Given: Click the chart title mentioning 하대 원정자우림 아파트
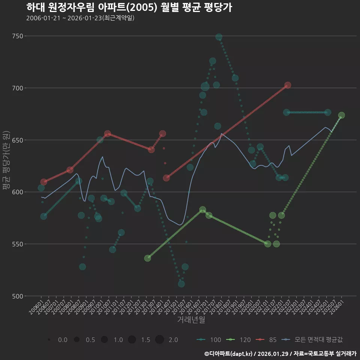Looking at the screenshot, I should point(129,7).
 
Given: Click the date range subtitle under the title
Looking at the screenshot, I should point(80,18).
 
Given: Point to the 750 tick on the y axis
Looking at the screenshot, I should point(17,36).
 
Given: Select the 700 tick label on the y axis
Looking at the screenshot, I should point(17,88).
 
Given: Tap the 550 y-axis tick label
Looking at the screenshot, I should point(17,244).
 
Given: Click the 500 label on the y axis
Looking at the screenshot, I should point(17,296).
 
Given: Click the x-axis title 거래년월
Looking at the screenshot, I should point(191,320).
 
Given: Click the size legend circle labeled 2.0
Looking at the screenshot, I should point(159,340).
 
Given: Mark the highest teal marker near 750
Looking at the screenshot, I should point(219,37).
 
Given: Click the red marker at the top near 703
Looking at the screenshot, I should point(288,85).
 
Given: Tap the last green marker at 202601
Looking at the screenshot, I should point(342,115).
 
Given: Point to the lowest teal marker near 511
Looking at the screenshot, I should point(181,284).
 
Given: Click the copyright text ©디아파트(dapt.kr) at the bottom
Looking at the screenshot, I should point(229,354).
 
